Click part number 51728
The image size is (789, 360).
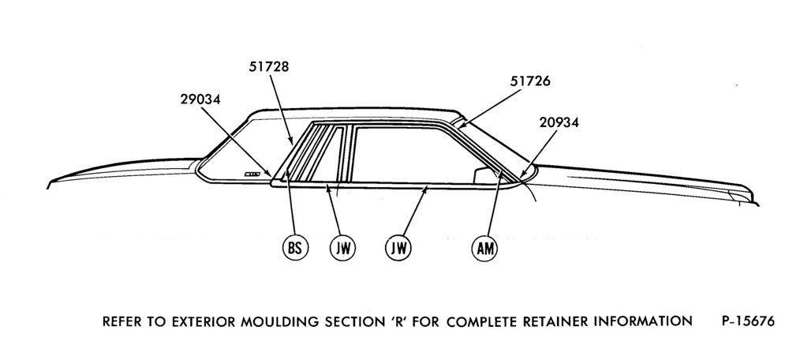coord(269,67)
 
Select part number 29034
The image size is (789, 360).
coord(200,99)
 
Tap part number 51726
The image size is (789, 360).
coord(530,81)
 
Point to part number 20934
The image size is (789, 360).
coord(559,122)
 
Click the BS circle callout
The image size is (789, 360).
coord(295,248)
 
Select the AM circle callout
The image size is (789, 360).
coord(484,248)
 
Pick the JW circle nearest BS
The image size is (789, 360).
coord(342,248)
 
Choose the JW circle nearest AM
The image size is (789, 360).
coord(398,248)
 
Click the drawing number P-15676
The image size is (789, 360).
coord(748,321)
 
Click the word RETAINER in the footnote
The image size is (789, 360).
coord(556,321)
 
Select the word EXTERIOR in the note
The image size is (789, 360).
coord(204,322)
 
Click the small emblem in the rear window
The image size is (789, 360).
coord(252,174)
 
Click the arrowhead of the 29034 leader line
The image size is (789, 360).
coord(270,174)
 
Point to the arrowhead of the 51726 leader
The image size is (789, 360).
coord(461,126)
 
